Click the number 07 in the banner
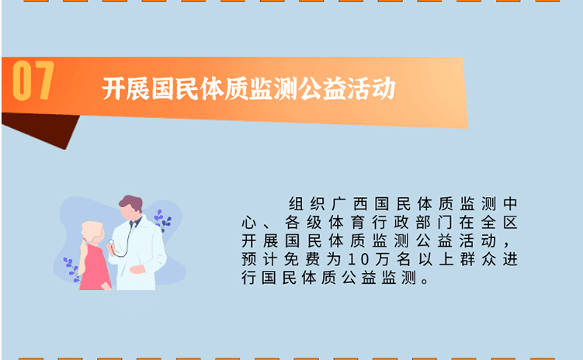[33, 81]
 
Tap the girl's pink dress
[93, 268]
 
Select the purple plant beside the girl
[71, 266]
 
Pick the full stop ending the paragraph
[423, 279]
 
